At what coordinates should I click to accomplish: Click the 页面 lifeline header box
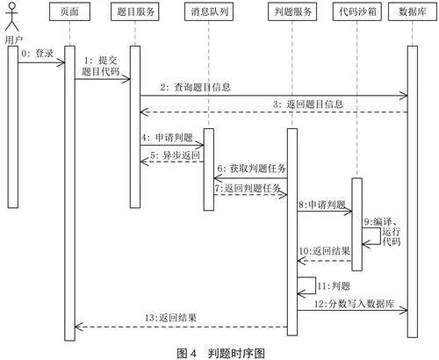[69, 11]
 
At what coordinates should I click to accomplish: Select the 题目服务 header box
[135, 11]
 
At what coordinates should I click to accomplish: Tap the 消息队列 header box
[209, 11]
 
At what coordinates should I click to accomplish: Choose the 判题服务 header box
[292, 11]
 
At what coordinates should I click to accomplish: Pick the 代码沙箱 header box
[357, 11]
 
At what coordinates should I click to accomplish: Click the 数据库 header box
[413, 11]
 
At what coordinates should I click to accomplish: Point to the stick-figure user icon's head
[11, 6]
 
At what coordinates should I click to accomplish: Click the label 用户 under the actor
[13, 40]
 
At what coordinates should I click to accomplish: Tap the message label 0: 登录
[38, 54]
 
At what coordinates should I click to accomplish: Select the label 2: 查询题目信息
[195, 87]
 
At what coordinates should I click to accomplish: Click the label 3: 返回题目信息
[307, 104]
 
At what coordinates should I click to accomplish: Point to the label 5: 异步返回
[175, 155]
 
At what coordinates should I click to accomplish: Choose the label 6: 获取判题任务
[252, 169]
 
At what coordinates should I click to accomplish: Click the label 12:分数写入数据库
[354, 304]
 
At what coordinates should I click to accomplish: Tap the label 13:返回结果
[170, 318]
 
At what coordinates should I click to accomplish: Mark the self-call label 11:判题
[334, 285]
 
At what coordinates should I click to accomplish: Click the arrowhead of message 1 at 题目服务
[126, 79]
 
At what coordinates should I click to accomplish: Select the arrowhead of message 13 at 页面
[79, 327]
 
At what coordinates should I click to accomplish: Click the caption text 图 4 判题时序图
[221, 353]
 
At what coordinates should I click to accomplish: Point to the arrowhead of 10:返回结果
[301, 261]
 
